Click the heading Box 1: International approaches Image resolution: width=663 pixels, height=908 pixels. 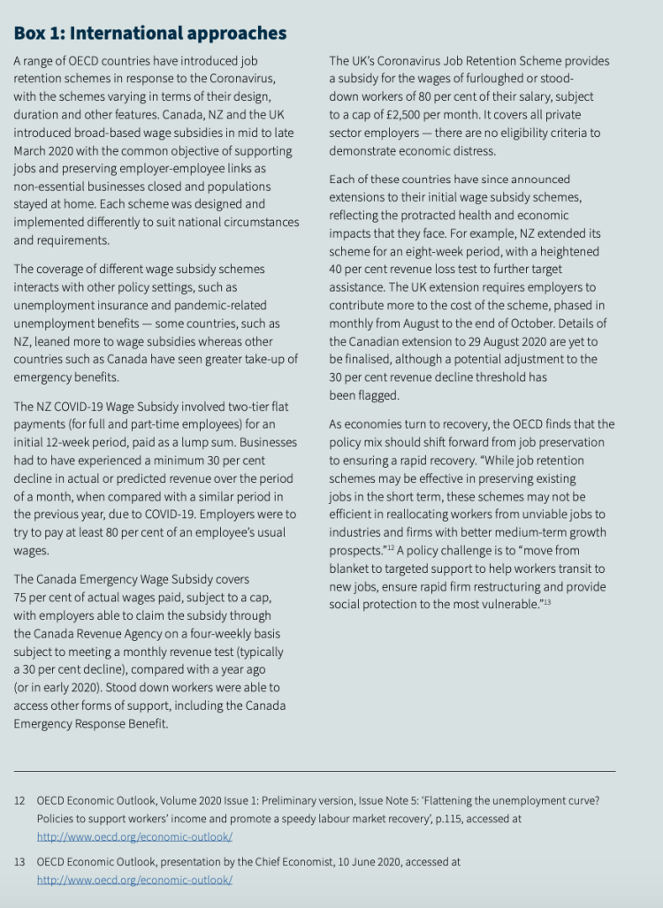[150, 34]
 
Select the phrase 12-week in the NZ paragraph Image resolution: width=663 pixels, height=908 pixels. [72, 442]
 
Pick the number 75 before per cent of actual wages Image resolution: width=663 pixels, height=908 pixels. [21, 598]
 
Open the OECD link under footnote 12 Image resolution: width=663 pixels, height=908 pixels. [134, 836]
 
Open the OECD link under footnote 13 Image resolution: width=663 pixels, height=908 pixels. [134, 880]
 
